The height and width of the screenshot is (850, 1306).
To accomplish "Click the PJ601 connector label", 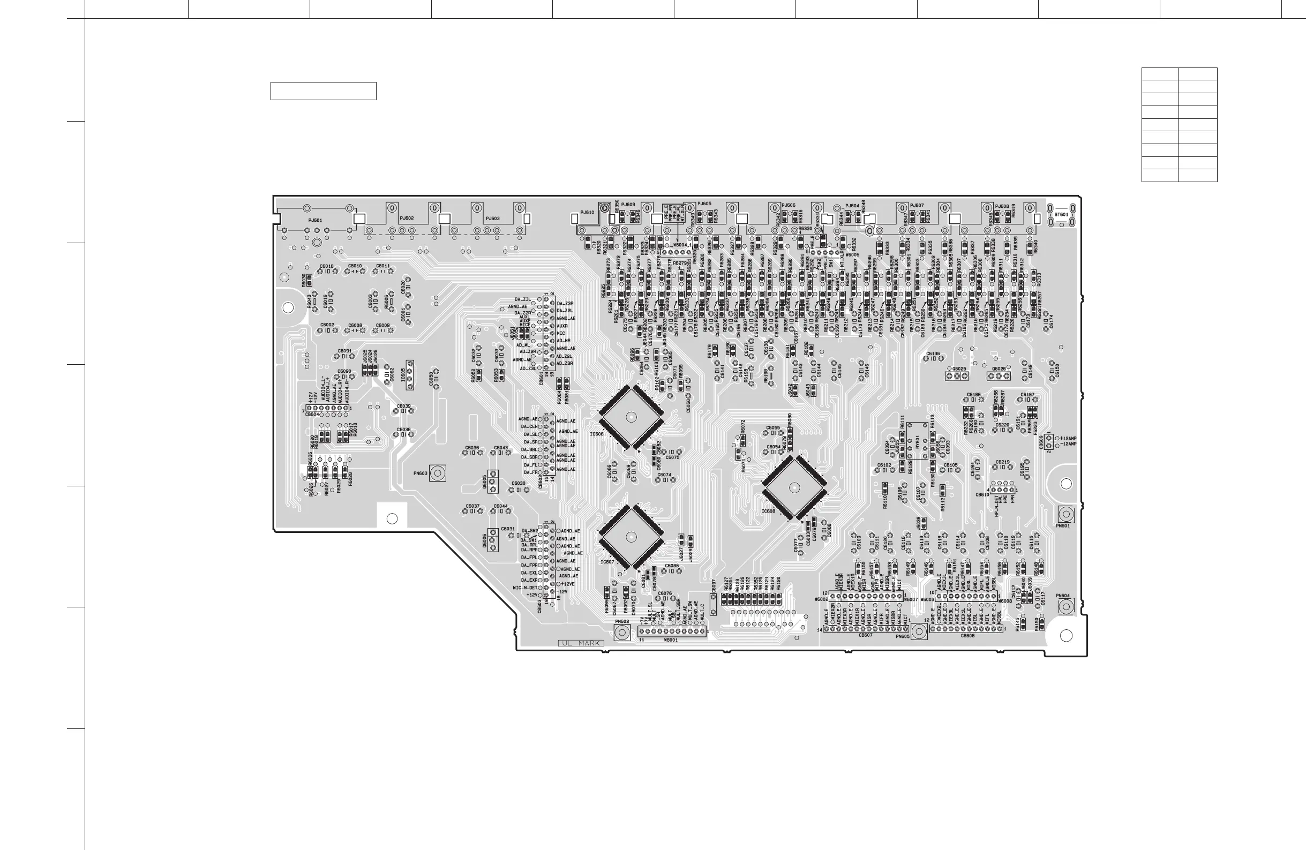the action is click(x=315, y=220).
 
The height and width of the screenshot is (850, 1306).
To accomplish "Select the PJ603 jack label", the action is click(x=492, y=219).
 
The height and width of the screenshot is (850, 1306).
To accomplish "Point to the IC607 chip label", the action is click(x=607, y=562).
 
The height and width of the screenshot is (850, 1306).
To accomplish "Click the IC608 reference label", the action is click(x=768, y=511).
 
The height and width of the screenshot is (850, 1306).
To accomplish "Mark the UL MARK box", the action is click(x=581, y=643).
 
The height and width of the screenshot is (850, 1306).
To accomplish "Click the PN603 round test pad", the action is click(x=437, y=473).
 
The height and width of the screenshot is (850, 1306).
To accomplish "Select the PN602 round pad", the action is click(x=622, y=633).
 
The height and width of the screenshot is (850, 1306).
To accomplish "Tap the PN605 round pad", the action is click(x=920, y=631).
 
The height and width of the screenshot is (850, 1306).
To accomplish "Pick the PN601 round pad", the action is click(x=1065, y=514).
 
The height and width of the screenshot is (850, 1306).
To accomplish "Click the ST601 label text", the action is click(x=1061, y=215).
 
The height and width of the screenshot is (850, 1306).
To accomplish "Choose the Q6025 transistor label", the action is click(x=959, y=368).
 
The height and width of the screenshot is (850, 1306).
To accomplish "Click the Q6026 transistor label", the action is click(x=999, y=368).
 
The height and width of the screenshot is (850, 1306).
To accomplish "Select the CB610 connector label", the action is click(x=982, y=494).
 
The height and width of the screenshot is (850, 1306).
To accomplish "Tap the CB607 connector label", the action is click(x=865, y=635).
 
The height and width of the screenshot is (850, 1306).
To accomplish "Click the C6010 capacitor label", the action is click(x=355, y=266).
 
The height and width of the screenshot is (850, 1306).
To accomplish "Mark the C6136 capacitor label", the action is click(x=933, y=354).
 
